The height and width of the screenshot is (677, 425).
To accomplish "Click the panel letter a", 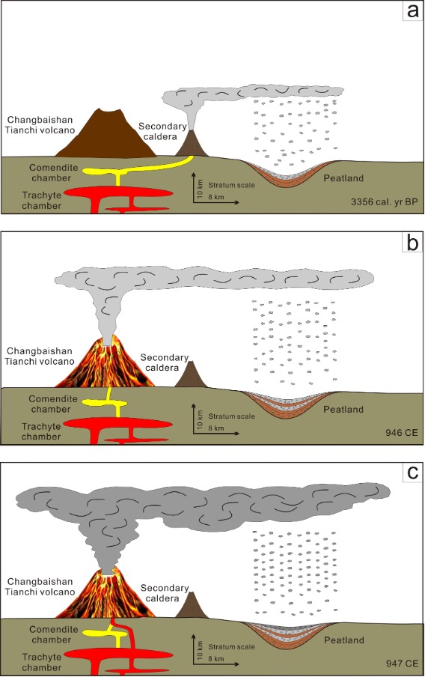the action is pos(412,10).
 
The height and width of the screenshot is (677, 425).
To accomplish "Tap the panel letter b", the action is pos(412,243).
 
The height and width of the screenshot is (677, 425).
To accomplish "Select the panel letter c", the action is pos(413,473).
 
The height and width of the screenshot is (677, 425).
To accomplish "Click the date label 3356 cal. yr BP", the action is pos(384,201).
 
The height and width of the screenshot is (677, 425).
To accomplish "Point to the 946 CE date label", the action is pos(402,432).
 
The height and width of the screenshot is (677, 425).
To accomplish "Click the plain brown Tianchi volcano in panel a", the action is pos(106,134).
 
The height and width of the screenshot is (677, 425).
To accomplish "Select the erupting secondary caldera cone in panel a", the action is pos(192,144).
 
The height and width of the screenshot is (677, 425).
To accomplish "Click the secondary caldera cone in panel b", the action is pos(191,374).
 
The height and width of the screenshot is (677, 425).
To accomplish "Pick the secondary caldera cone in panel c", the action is pos(192,605).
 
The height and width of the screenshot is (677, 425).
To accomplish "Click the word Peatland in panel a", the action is pos(343,178).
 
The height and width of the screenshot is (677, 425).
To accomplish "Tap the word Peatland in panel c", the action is pos(344,640).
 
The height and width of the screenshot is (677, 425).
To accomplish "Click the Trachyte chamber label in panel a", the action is pos(41,201).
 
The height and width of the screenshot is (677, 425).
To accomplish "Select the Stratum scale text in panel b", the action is pos(232,416).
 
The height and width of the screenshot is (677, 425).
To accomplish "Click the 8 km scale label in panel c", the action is pos(216,659).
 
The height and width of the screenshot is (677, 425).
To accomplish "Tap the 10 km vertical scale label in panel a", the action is pos(199,188).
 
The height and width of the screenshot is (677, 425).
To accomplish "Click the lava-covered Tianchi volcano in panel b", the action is pos(106,362).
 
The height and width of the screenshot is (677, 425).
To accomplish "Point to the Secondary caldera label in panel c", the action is pos(165,593).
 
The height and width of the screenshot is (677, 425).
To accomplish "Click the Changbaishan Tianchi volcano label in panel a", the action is pos(40,125).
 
